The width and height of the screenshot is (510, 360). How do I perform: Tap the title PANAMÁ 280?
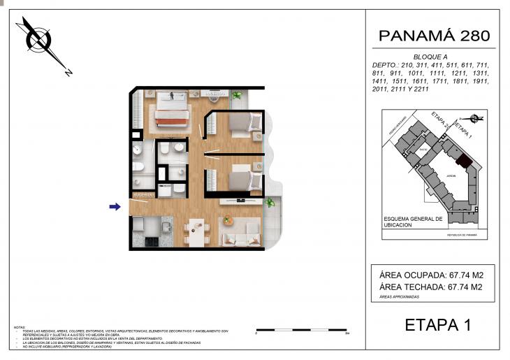pyautogui.click(x=433, y=36)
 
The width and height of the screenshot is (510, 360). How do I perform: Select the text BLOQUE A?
pyautogui.click(x=430, y=57)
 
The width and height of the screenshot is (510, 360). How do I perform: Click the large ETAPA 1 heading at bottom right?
pyautogui.click(x=438, y=324)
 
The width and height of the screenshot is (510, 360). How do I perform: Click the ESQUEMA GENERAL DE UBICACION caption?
pyautogui.click(x=413, y=222)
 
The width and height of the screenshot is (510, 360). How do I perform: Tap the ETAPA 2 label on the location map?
pyautogui.click(x=439, y=120)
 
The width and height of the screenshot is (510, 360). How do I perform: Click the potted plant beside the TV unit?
pyautogui.click(x=269, y=203)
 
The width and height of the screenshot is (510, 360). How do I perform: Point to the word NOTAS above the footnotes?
pyautogui.click(x=20, y=327)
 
